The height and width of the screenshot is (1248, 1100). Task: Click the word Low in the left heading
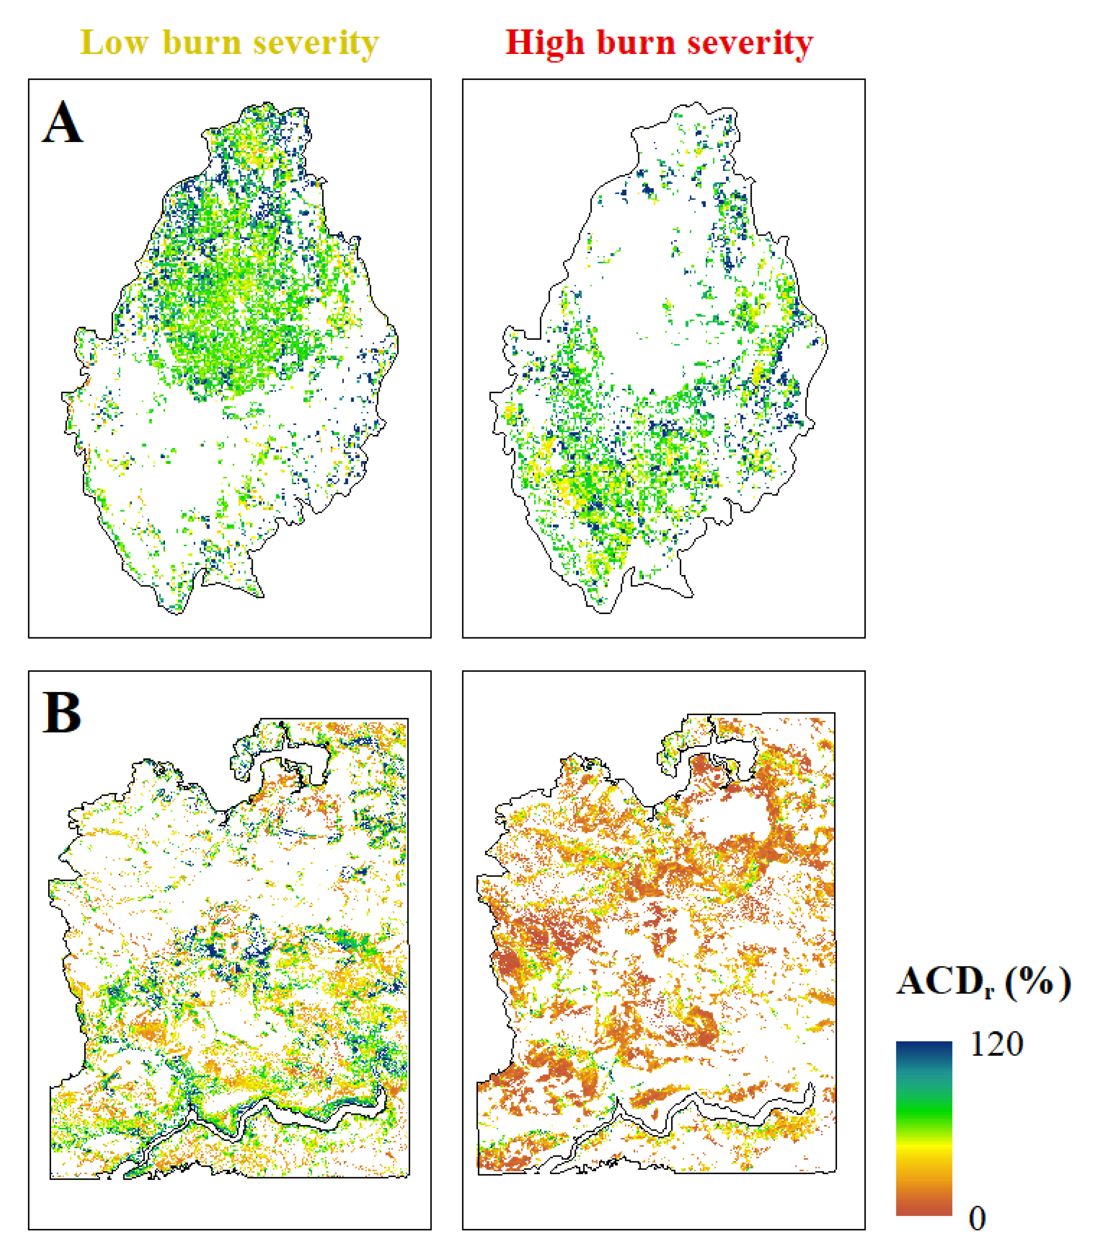[114, 43]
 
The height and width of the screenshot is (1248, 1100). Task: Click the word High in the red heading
[545, 43]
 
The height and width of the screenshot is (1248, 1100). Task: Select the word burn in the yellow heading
[202, 43]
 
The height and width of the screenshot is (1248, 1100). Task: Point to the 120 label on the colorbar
[996, 1044]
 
